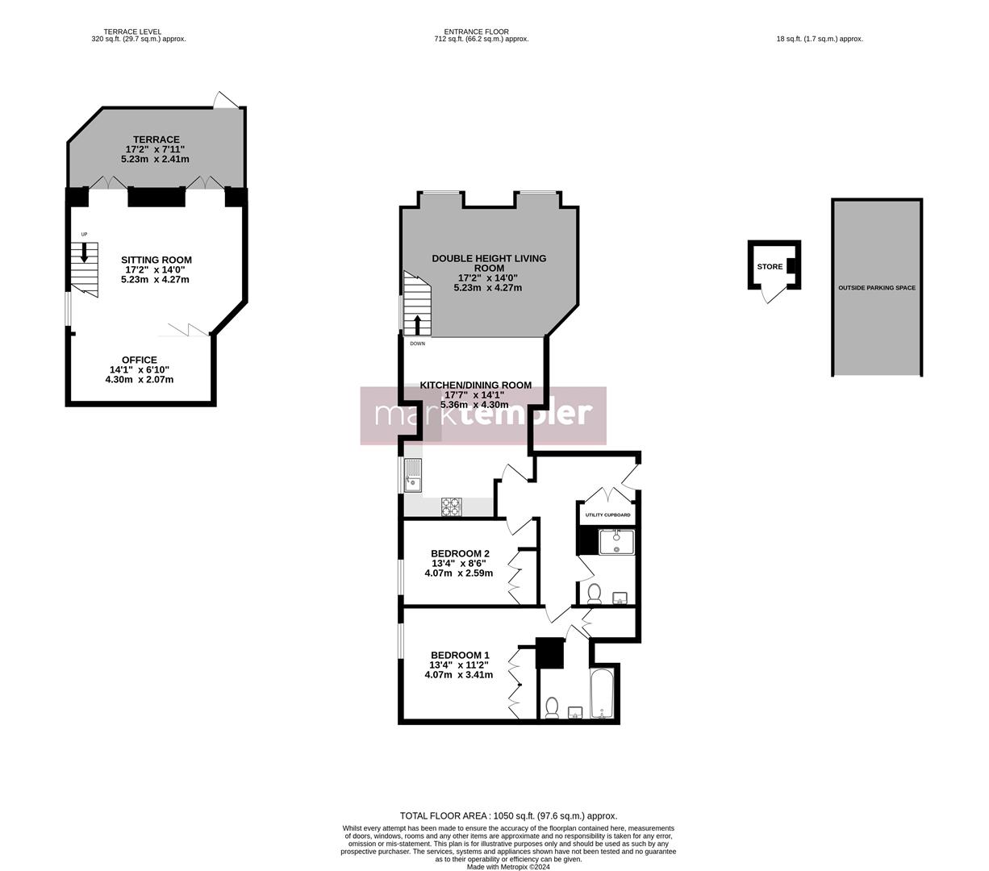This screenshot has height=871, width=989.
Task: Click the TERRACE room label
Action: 156,140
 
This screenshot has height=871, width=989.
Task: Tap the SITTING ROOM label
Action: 156,260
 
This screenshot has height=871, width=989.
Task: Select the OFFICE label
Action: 140,360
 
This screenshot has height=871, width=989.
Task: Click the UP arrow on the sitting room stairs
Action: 84,252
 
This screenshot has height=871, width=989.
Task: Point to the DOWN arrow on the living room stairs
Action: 417,325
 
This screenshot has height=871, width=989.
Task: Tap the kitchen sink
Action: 412,475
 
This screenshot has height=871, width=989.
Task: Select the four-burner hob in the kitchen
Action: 452,506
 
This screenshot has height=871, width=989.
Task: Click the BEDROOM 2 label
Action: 459,553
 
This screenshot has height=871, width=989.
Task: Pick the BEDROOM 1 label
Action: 460,655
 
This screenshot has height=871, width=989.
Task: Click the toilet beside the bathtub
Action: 553,707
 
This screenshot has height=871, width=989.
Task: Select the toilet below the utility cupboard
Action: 595,594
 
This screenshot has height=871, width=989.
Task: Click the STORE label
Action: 770,267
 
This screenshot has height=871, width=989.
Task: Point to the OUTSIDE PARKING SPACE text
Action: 877,288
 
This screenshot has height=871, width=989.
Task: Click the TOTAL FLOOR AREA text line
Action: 508,815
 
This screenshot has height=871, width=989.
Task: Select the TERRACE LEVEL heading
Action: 132,32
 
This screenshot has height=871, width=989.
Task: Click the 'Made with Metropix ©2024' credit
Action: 508,867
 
